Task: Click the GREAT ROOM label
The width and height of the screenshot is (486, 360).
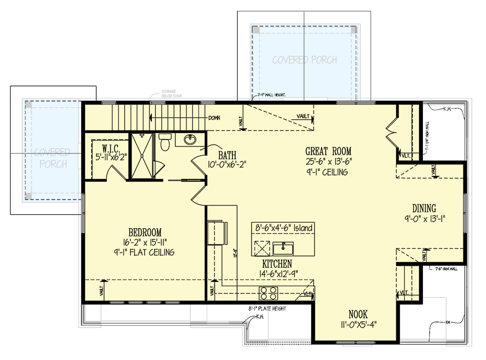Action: (328, 151)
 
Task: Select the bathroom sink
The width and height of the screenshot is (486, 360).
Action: (190, 140)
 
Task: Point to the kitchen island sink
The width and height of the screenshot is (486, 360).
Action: (283, 248)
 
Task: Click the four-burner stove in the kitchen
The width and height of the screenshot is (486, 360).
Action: (268, 293)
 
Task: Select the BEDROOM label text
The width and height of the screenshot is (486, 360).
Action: (145, 233)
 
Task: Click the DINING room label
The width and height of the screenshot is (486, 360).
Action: (424, 208)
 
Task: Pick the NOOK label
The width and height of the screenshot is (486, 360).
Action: (358, 315)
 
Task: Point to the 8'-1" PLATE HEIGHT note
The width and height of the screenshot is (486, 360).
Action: (267, 309)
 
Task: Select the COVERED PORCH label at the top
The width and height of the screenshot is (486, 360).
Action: (304, 60)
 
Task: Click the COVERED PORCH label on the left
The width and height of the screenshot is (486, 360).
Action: (50, 157)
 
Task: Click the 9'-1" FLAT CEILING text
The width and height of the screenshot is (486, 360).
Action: (145, 252)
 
